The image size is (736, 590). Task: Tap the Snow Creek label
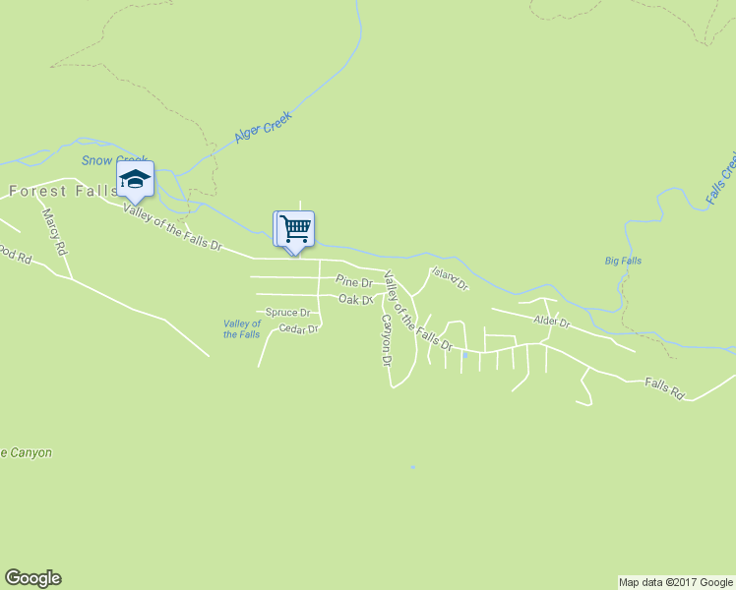(x=114, y=160)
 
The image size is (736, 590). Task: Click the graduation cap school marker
(x=135, y=179)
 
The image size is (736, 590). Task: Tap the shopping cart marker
(x=294, y=229)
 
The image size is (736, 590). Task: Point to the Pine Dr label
(x=353, y=282)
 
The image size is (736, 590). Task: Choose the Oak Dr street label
(x=356, y=299)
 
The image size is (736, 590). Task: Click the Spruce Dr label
(x=288, y=313)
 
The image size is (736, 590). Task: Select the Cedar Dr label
(x=298, y=328)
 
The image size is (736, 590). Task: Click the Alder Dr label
(x=551, y=321)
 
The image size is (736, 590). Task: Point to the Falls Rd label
(x=664, y=388)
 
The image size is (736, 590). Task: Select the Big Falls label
(x=623, y=261)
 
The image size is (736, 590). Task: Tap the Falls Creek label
(x=721, y=179)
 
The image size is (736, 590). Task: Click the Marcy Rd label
(x=55, y=232)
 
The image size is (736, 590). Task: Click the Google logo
(x=32, y=578)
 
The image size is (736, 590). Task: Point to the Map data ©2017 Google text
(x=676, y=582)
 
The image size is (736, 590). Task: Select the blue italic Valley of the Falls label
(x=242, y=328)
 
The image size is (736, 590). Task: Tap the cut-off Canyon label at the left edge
(x=27, y=453)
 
